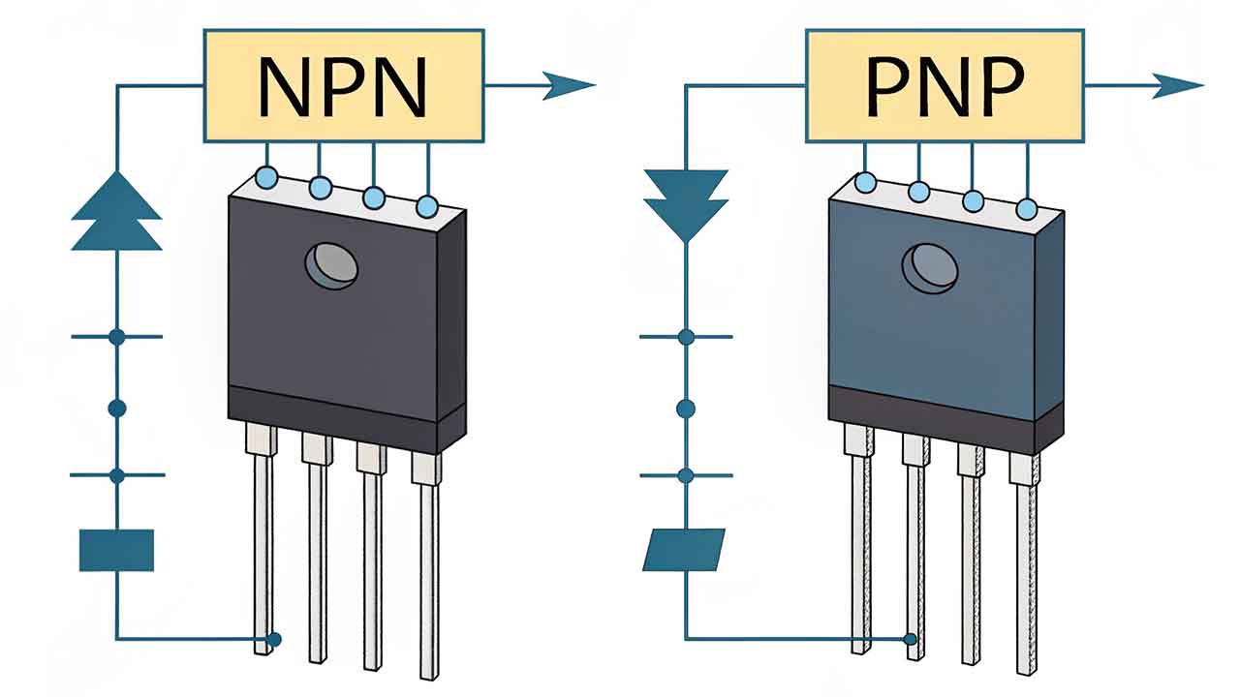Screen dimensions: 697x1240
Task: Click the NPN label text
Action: (344, 87)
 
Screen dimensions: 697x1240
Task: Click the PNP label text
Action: (944, 87)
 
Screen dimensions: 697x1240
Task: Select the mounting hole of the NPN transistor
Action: (331, 265)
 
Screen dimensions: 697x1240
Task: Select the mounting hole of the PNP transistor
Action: (930, 265)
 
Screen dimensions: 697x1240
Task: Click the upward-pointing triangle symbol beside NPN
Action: (116, 213)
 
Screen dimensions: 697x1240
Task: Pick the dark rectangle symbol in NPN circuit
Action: (116, 550)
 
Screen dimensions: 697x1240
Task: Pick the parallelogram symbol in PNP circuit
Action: (684, 549)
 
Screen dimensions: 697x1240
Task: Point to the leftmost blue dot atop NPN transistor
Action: (265, 176)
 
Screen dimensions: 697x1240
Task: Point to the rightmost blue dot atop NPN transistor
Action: (427, 206)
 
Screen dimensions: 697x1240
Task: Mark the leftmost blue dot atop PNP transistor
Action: (866, 182)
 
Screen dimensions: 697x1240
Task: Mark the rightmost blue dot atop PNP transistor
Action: (1028, 210)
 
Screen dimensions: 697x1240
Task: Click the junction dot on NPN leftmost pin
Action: (274, 639)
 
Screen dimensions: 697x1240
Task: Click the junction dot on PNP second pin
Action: (910, 639)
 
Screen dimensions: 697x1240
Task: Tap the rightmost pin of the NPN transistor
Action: (427, 571)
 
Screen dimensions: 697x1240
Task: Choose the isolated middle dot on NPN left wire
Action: (117, 409)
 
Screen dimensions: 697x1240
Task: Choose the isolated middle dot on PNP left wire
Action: (686, 409)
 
